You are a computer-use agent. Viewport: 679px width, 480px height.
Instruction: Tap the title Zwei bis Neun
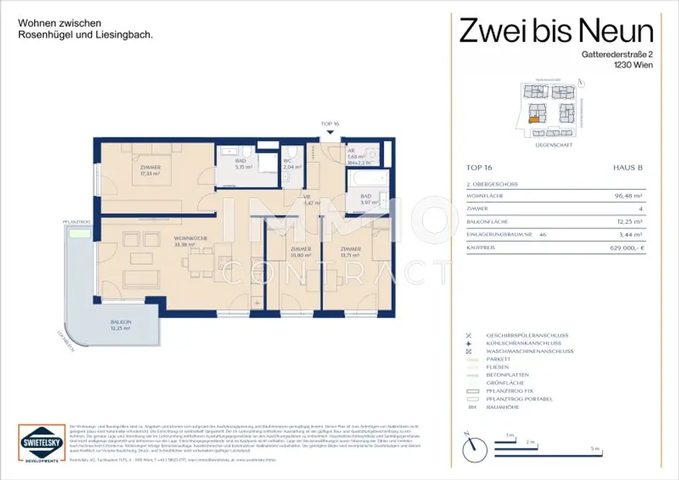point(557,30)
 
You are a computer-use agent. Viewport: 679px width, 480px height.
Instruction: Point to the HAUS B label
point(629,169)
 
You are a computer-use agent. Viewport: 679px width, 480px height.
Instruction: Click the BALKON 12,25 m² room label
point(121,325)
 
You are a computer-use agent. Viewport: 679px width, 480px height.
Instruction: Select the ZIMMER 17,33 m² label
point(151,171)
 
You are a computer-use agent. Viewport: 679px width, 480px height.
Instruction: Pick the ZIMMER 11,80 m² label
point(300,252)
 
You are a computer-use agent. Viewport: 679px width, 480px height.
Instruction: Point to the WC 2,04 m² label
point(292,165)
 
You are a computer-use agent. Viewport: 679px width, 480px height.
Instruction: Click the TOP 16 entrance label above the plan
point(330,124)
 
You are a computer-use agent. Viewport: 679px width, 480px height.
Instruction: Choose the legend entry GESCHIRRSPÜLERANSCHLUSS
point(527,335)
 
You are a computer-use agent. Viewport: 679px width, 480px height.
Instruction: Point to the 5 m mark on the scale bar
point(596,450)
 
